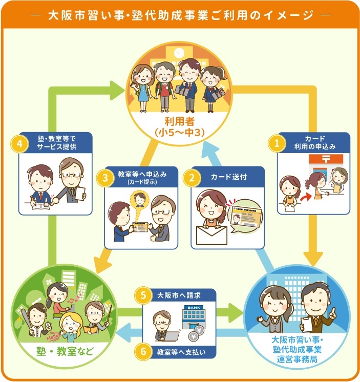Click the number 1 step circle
277,144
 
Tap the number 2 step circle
192,178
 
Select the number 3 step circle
104,178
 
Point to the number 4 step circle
19,144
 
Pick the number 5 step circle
143,295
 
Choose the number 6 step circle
143,352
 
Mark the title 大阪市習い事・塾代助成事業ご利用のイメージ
180,15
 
